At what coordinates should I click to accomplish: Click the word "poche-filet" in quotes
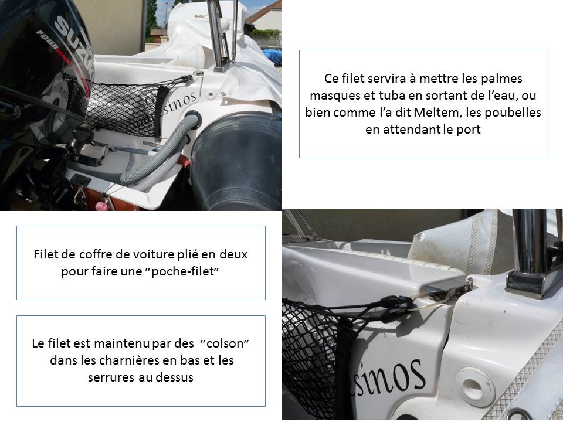[x=185, y=271]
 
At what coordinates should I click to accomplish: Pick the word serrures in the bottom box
[x=110, y=377]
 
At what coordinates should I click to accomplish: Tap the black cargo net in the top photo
[x=122, y=108]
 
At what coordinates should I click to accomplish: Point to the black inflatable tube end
[x=237, y=162]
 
